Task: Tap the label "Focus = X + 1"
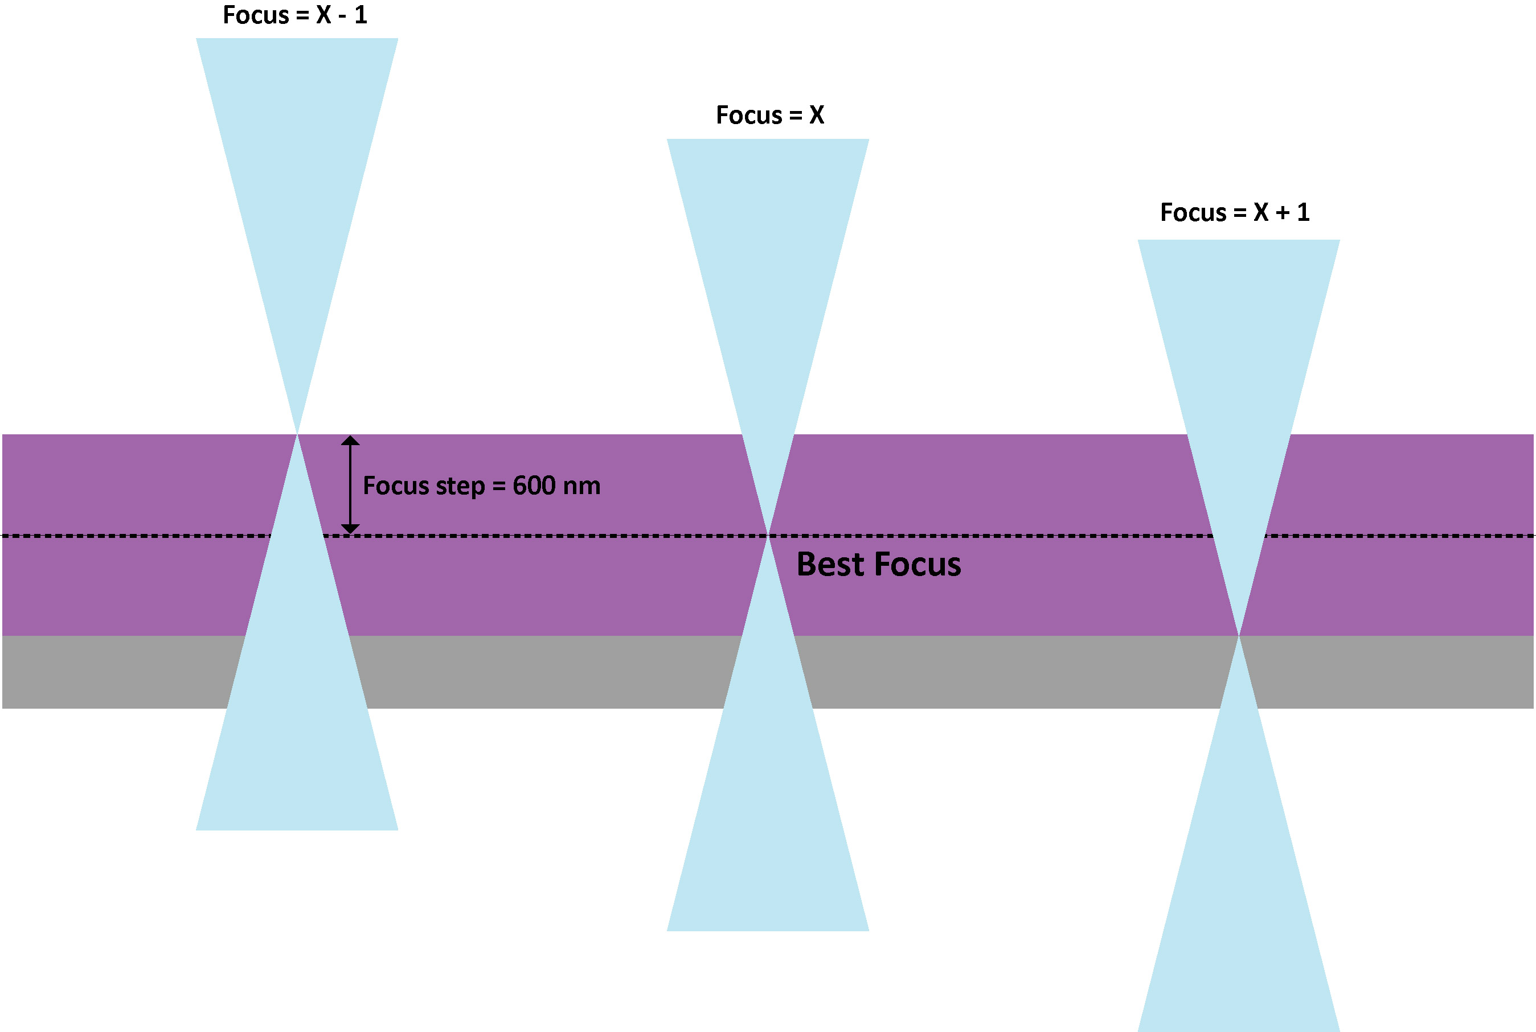tap(1235, 212)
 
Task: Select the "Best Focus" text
tap(878, 565)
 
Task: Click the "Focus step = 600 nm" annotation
tap(481, 486)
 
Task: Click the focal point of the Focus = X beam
tap(768, 536)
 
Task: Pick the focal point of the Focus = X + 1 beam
tap(1239, 636)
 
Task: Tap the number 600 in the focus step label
tap(534, 486)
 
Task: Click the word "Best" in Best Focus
tap(830, 565)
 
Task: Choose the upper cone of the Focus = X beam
tap(768, 296)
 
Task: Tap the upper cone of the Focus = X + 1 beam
tap(1239, 395)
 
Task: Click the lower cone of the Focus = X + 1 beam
tap(1239, 889)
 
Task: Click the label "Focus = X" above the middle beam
tap(769, 115)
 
